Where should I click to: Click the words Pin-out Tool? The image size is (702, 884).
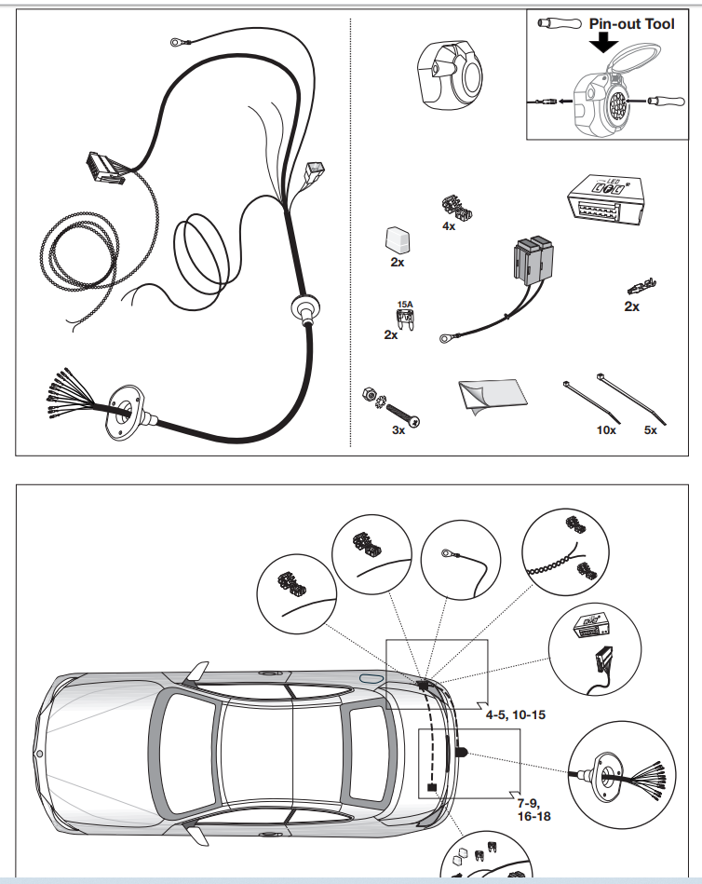(631, 23)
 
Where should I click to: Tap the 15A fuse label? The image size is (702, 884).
(405, 304)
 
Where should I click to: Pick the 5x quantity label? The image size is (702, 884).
(650, 431)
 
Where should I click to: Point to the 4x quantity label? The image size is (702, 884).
(449, 226)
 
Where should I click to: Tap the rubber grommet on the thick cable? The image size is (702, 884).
(304, 310)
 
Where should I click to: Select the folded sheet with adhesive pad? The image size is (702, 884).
(494, 396)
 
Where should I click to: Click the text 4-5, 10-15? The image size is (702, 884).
(515, 714)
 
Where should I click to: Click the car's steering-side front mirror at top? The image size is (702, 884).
(199, 672)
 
